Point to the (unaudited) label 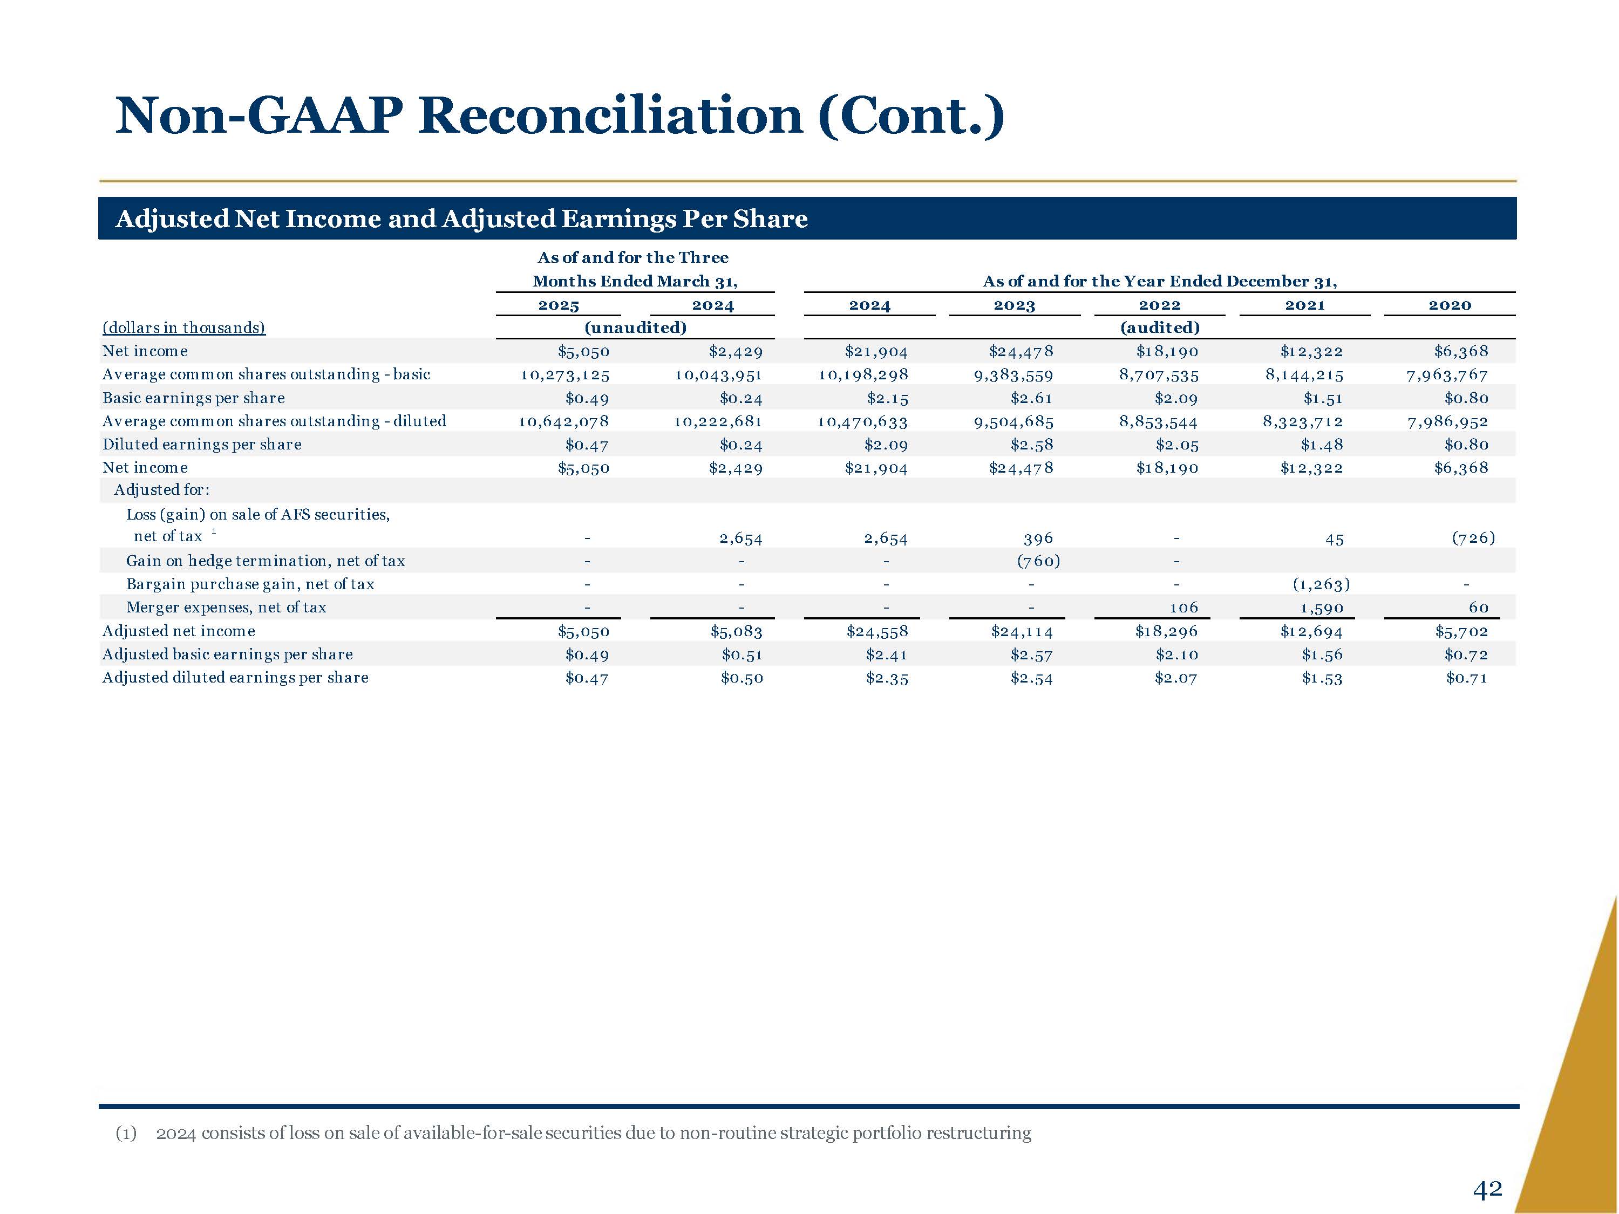(635, 328)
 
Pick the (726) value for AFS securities (1473, 538)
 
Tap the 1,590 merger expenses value (1321, 608)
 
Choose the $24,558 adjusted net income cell (877, 631)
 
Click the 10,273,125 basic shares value (564, 374)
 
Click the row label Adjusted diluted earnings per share (235, 678)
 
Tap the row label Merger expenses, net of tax (226, 608)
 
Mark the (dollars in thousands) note (183, 328)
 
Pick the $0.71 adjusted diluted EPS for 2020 (1466, 678)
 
